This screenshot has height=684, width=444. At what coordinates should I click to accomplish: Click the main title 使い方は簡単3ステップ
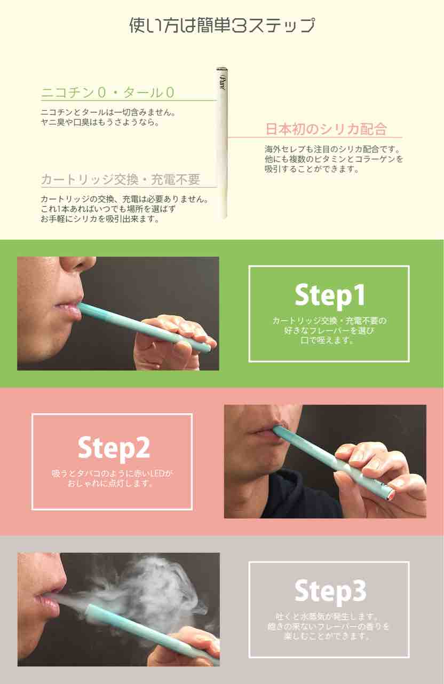point(222,25)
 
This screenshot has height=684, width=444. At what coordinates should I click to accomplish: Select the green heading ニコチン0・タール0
point(108,92)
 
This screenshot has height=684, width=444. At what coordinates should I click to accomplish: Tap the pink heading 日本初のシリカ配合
point(326,129)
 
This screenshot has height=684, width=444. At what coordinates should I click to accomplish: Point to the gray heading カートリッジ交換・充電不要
point(121,179)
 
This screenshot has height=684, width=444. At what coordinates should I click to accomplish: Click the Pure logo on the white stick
point(222,81)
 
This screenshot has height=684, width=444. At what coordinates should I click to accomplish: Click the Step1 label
point(330,294)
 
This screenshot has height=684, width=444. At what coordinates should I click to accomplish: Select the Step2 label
point(114,447)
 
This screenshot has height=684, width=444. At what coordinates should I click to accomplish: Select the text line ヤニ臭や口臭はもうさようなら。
point(100,122)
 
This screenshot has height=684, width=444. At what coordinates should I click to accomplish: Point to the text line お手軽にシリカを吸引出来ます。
point(100,219)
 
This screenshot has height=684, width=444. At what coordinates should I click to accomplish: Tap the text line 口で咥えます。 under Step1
point(328,340)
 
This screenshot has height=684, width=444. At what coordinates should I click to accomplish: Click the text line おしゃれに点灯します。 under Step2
point(110,484)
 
